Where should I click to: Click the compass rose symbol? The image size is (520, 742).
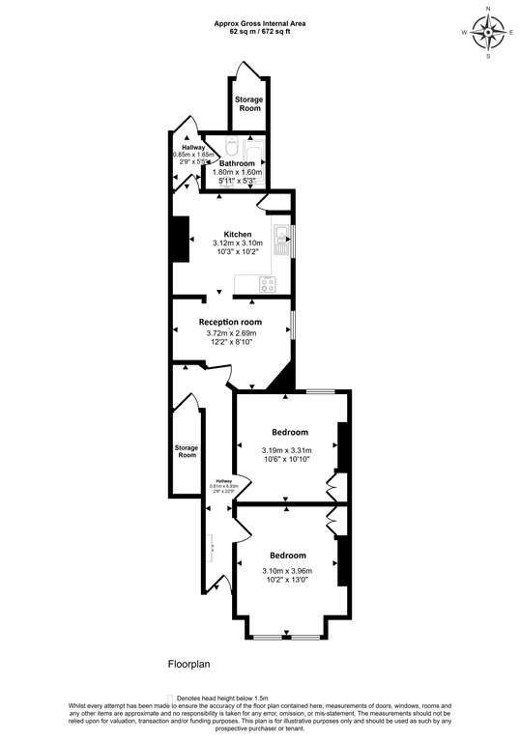click(x=489, y=33)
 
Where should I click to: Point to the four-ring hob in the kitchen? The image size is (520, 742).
click(x=266, y=283)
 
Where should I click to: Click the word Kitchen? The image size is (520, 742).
click(x=238, y=234)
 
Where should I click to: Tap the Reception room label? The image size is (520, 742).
click(x=231, y=322)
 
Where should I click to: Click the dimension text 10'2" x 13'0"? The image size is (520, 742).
click(x=287, y=579)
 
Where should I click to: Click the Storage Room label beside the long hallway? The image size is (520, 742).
click(x=187, y=451)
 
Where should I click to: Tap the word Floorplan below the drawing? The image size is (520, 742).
click(x=189, y=665)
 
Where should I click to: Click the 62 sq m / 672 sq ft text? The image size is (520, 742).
click(x=259, y=31)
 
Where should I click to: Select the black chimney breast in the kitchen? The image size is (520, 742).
click(x=181, y=239)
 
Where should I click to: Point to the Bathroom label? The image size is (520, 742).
click(x=236, y=164)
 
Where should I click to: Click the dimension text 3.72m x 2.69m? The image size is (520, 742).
click(x=231, y=334)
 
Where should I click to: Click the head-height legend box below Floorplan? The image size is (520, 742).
click(x=169, y=697)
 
